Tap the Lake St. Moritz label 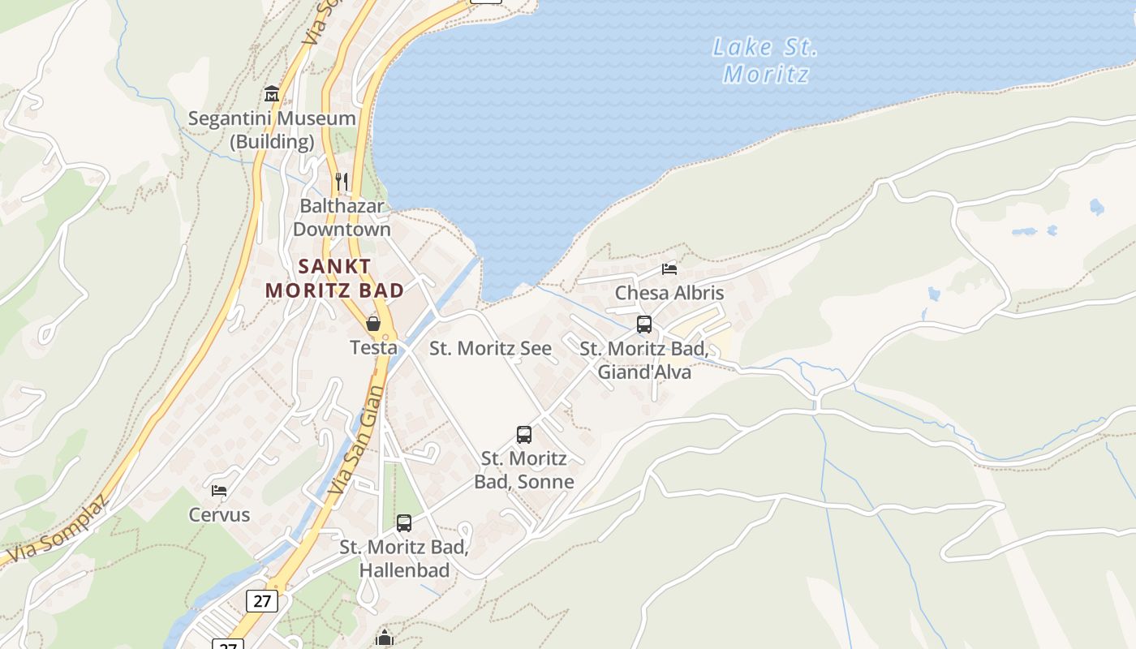pyautogui.click(x=765, y=61)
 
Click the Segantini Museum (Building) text pyautogui.click(x=272, y=130)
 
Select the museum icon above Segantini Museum pyautogui.click(x=272, y=94)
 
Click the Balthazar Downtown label pyautogui.click(x=342, y=217)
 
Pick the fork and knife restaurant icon pyautogui.click(x=342, y=181)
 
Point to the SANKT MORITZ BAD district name pyautogui.click(x=334, y=277)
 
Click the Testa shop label pyautogui.click(x=373, y=348)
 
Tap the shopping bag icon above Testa pyautogui.click(x=373, y=324)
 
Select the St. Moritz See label pyautogui.click(x=490, y=349)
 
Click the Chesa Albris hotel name pyautogui.click(x=669, y=293)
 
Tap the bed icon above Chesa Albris pyautogui.click(x=669, y=269)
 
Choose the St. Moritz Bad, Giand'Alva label pyautogui.click(x=644, y=361)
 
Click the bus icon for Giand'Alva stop pyautogui.click(x=644, y=324)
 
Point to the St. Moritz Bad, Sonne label pyautogui.click(x=524, y=471)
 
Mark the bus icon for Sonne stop pyautogui.click(x=524, y=434)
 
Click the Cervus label pyautogui.click(x=219, y=515)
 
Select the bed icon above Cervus pyautogui.click(x=219, y=490)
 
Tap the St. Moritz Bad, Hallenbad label pyautogui.click(x=404, y=559)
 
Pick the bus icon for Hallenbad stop pyautogui.click(x=404, y=523)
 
